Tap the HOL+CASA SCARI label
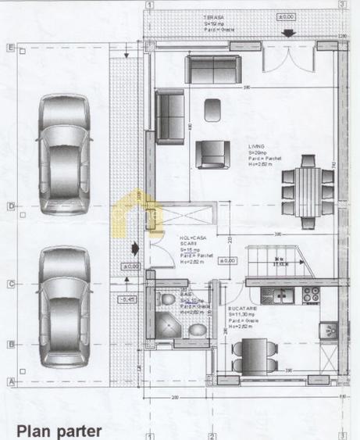click(193, 242)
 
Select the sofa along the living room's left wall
click(169, 118)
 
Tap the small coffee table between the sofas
click(212, 110)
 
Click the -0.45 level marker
click(127, 299)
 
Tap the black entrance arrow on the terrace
click(288, 33)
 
